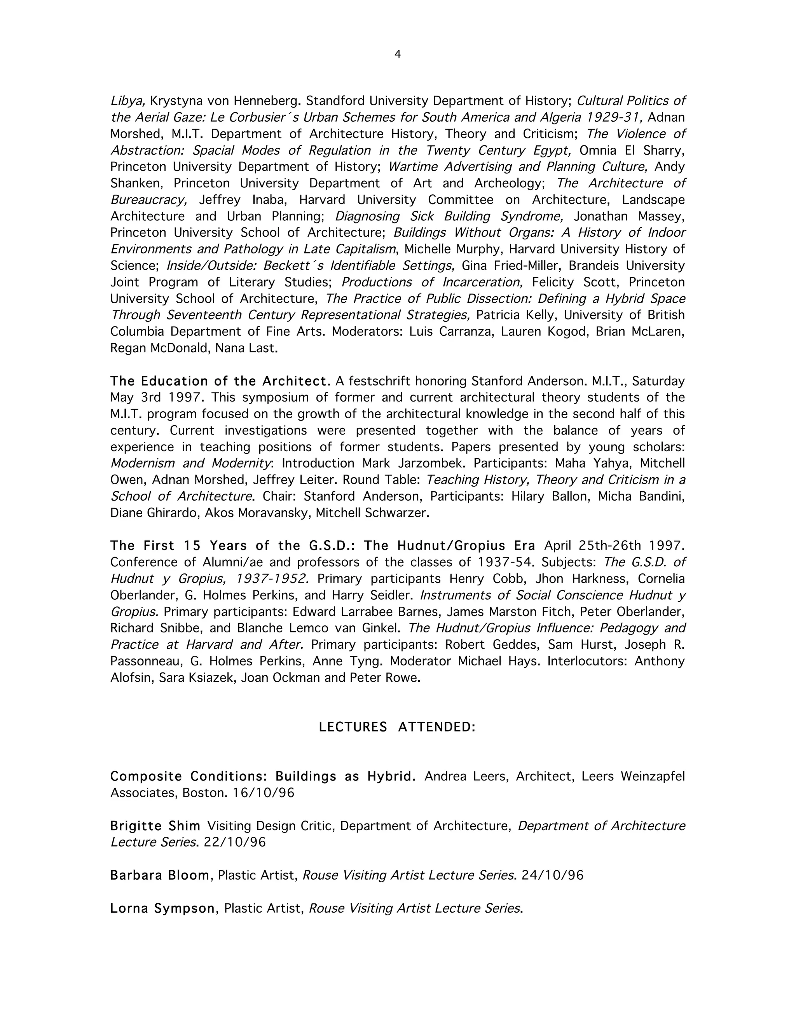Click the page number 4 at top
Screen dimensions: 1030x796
click(x=397, y=55)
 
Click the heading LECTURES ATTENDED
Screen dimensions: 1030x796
click(x=397, y=727)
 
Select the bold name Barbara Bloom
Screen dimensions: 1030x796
click(x=160, y=875)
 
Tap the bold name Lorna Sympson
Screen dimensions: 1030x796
click(x=162, y=908)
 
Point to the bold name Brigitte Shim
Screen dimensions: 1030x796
click(x=155, y=826)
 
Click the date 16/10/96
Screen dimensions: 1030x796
click(x=263, y=793)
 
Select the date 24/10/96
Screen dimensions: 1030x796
click(x=552, y=875)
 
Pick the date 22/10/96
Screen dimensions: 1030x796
click(x=234, y=842)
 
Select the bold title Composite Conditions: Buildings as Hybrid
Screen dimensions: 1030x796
click(x=263, y=776)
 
